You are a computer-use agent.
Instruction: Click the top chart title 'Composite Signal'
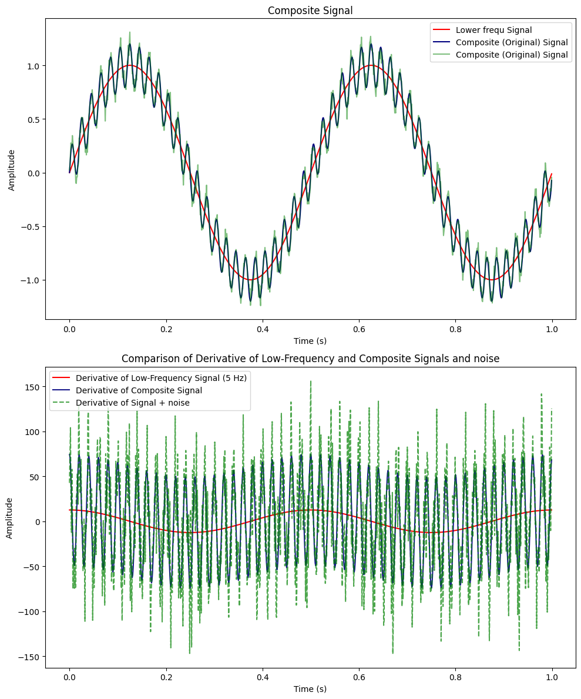[x=310, y=10]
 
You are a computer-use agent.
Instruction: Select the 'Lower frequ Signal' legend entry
[x=493, y=30]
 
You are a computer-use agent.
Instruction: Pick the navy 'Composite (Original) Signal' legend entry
[x=511, y=42]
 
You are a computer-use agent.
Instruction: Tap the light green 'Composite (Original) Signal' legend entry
[x=511, y=55]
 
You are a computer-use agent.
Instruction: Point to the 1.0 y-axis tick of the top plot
[x=32, y=66]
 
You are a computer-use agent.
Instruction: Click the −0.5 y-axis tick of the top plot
[x=30, y=226]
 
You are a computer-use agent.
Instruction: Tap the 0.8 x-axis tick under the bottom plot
[x=455, y=678]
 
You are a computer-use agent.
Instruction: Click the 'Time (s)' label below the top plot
[x=310, y=341]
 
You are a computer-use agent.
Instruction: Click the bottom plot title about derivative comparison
[x=310, y=359]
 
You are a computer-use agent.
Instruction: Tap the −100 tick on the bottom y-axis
[x=30, y=611]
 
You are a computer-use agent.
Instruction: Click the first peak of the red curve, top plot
[x=130, y=65]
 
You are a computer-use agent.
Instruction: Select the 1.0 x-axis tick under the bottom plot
[x=552, y=678]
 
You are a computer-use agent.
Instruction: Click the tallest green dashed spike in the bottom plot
[x=310, y=381]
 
